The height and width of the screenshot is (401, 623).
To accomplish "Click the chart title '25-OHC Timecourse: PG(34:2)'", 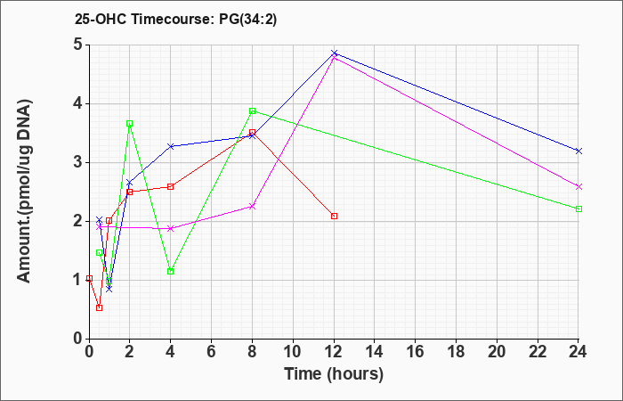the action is (175, 20).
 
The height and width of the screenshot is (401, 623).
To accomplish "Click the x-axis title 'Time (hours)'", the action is (334, 374).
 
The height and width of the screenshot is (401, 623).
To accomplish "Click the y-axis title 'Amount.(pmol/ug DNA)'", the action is (24, 192).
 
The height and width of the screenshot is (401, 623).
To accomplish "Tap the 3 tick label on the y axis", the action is (78, 163).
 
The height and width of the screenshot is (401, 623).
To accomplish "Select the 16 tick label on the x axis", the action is (416, 351).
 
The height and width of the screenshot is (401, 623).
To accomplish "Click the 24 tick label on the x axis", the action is (578, 351).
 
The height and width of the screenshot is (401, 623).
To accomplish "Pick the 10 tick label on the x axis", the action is (293, 351).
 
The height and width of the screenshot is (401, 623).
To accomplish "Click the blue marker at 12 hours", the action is (334, 53).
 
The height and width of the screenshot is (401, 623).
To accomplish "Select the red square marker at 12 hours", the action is (334, 216).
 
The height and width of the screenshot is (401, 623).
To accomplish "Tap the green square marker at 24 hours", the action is (578, 209).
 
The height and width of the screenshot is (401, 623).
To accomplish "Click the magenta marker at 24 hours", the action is (578, 186).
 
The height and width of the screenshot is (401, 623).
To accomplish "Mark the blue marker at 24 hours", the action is (578, 151).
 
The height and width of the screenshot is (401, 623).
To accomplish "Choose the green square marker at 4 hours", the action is (171, 271).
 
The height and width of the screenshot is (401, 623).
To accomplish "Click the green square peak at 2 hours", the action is (130, 123).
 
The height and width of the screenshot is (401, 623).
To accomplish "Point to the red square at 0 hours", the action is (89, 278).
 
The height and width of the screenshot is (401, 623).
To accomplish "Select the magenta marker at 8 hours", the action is (252, 207).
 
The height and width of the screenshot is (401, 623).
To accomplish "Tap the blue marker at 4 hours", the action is (171, 146).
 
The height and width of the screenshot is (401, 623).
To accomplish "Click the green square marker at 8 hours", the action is (252, 111).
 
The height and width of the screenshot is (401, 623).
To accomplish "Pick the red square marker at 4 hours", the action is (171, 186).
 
